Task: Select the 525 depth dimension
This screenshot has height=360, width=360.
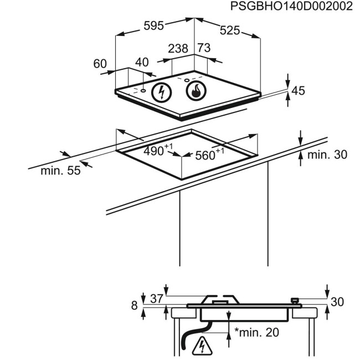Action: (230, 31)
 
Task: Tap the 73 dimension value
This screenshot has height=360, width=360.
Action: (204, 49)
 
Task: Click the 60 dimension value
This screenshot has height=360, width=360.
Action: (100, 64)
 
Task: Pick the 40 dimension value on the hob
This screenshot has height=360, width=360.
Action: (142, 62)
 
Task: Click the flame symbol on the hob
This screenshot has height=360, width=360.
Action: (196, 91)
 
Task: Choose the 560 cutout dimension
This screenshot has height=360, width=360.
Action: (207, 155)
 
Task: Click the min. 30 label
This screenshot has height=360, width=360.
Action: (327, 155)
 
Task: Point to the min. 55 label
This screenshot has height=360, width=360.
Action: (60, 171)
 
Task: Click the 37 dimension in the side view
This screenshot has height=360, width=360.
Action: (157, 299)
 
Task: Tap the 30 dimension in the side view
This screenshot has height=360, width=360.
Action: (337, 302)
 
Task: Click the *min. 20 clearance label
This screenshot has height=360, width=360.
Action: (256, 332)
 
